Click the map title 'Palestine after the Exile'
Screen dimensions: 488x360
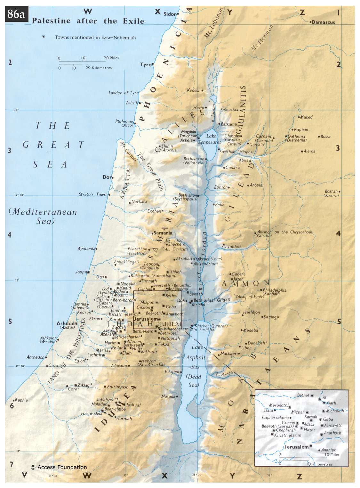coord(88,21)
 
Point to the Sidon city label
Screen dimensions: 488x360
coord(170,14)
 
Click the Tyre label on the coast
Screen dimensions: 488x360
coord(146,65)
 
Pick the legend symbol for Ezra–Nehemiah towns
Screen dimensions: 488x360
coord(44,37)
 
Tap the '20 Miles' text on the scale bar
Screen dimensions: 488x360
coord(112,58)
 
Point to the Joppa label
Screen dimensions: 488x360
coord(81,272)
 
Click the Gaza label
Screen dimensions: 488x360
coord(53,365)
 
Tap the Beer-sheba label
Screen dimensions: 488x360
coord(115,409)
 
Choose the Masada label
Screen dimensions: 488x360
coord(168,396)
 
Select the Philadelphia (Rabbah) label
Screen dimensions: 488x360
coord(274,291)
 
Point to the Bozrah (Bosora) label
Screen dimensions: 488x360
coord(331,193)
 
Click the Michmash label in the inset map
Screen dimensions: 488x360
coord(335,411)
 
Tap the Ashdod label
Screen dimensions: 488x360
coord(66,323)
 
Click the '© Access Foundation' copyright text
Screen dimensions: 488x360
coord(59,467)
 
